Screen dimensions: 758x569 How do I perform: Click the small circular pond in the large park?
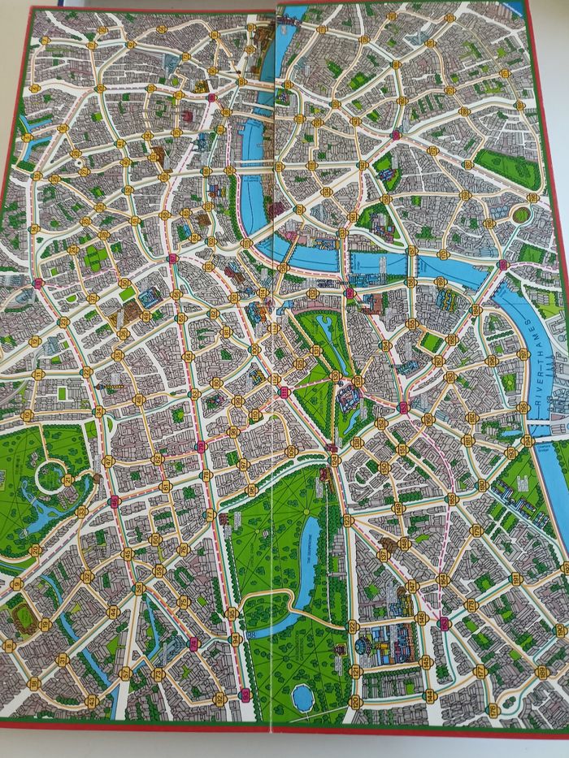tap(302, 695)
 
